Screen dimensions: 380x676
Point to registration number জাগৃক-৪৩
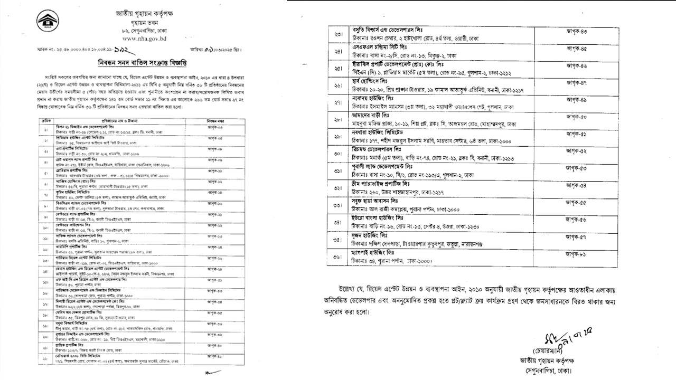(x=576, y=32)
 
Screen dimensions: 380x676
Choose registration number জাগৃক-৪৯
(x=576, y=100)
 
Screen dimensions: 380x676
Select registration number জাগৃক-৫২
(x=576, y=151)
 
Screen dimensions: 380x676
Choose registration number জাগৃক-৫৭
(x=576, y=237)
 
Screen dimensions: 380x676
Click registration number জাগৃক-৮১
(x=576, y=254)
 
